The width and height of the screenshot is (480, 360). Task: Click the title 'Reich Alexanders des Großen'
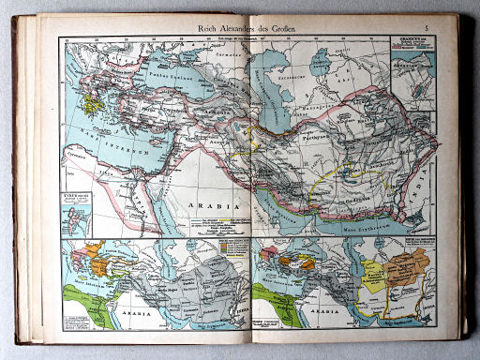pos(242,31)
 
